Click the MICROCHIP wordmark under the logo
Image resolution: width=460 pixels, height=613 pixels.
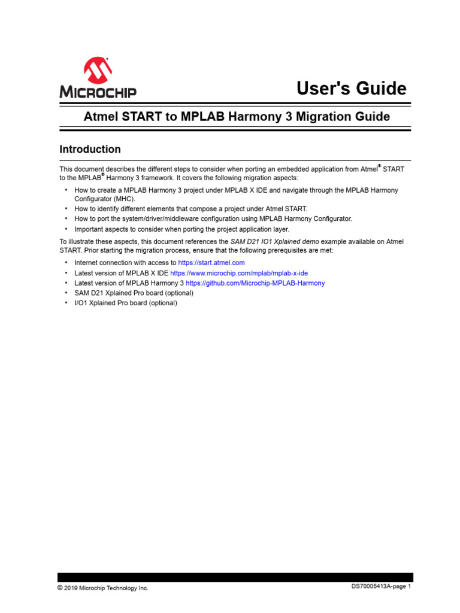[x=98, y=92]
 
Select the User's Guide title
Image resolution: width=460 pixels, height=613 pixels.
[x=352, y=89]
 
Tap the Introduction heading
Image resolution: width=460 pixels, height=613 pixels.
[x=90, y=149]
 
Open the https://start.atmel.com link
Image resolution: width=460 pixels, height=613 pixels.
[x=211, y=263]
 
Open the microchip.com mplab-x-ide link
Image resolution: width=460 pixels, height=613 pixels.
[x=239, y=273]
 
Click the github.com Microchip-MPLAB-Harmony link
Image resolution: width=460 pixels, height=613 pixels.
[x=255, y=283]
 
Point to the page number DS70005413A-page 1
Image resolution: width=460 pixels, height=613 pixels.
[x=381, y=587]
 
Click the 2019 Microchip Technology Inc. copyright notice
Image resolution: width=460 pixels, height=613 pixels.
[x=102, y=588]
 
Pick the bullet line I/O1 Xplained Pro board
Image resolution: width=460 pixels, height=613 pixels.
[x=125, y=303]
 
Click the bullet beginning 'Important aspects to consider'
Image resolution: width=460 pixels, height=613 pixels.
[x=181, y=229]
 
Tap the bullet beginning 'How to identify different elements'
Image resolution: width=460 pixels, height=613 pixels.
[x=190, y=209]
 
